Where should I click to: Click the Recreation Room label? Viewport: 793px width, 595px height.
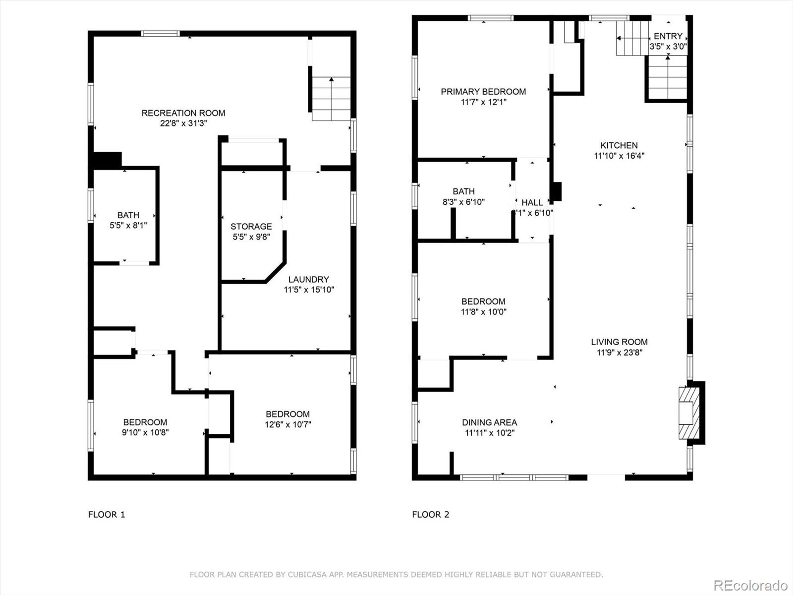tap(183, 113)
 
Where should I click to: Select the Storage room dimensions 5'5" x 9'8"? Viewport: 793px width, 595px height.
tap(251, 237)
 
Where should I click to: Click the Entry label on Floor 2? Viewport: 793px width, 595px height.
tap(668, 36)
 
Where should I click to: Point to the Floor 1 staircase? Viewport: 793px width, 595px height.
tap(331, 99)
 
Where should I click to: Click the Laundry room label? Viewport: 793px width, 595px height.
tap(308, 279)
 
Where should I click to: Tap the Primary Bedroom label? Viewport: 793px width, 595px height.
tap(483, 92)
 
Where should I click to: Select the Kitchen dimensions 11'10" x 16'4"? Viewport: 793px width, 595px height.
tap(619, 156)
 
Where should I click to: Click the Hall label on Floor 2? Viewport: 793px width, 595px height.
tap(532, 202)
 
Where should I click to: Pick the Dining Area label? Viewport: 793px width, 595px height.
tap(489, 422)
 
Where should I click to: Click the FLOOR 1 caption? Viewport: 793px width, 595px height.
tap(107, 515)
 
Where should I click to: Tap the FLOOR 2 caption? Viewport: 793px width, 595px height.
tap(430, 515)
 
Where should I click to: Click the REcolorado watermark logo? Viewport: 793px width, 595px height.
tap(750, 585)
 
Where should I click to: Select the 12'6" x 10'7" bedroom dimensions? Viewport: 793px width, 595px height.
tap(288, 424)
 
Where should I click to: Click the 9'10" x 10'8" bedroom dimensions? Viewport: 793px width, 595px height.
tap(145, 432)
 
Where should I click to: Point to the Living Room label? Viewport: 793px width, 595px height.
tap(619, 342)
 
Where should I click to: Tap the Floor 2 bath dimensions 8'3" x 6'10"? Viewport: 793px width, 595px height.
tap(463, 202)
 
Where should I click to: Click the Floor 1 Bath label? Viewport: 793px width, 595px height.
tap(128, 215)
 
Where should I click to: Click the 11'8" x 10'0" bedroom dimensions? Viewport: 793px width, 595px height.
tap(483, 312)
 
